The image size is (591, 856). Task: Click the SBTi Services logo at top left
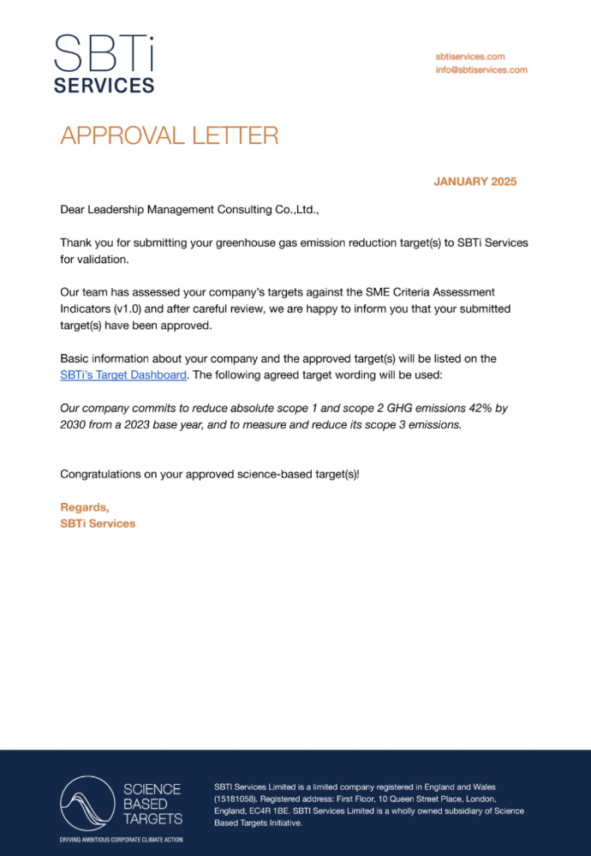pyautogui.click(x=104, y=63)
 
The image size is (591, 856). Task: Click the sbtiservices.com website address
pyautogui.click(x=469, y=56)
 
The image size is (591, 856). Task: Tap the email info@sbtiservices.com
pyautogui.click(x=481, y=70)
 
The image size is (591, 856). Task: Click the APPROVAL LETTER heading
pyautogui.click(x=169, y=135)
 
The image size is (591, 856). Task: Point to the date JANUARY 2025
pyautogui.click(x=475, y=182)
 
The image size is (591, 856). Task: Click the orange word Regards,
pyautogui.click(x=85, y=507)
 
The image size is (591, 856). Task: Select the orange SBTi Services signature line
pyautogui.click(x=98, y=524)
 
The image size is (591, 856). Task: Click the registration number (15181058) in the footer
pyautogui.click(x=235, y=799)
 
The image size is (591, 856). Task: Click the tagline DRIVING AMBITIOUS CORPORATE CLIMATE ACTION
pyautogui.click(x=121, y=840)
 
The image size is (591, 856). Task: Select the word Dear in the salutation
pyautogui.click(x=74, y=209)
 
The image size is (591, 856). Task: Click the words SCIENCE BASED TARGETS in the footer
pyautogui.click(x=152, y=804)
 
